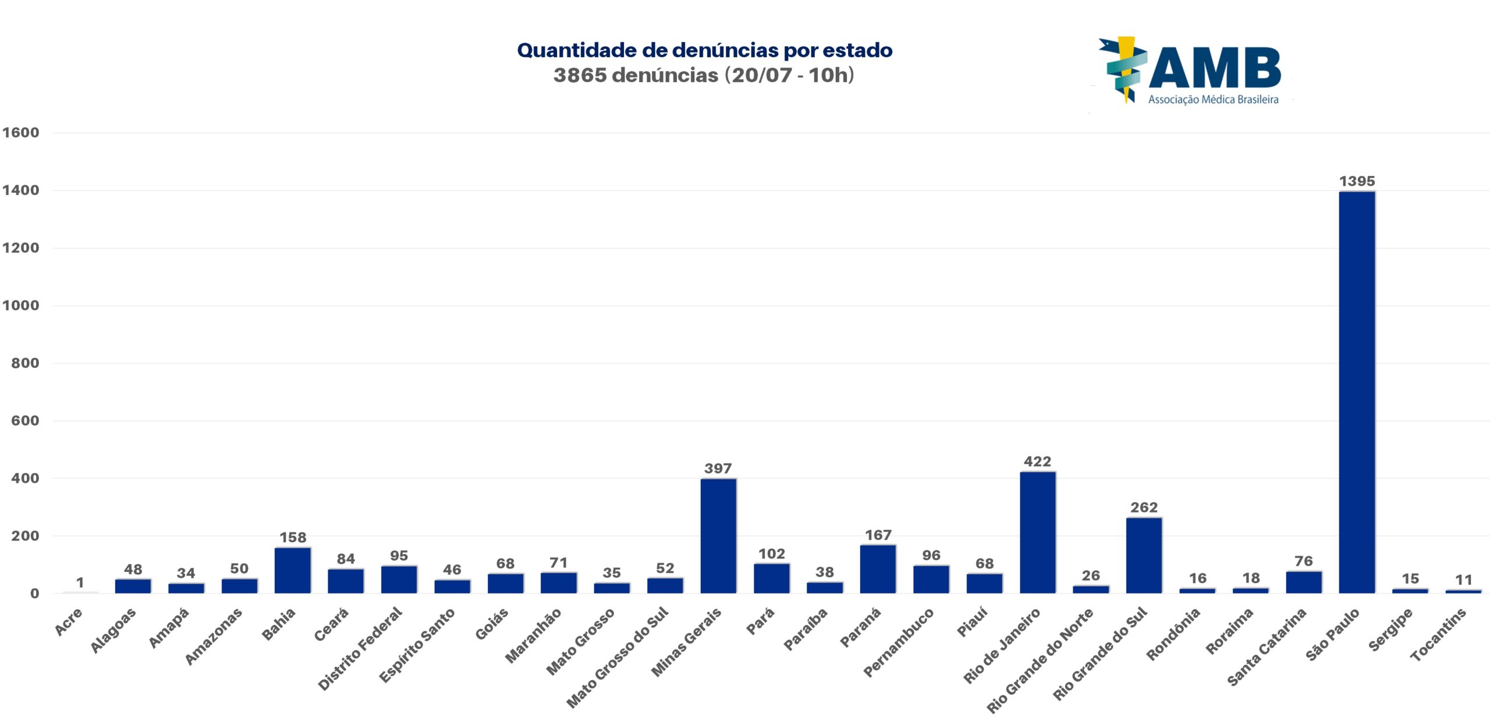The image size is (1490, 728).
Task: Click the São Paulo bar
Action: [x=1357, y=392]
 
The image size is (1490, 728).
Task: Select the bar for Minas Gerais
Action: [x=718, y=536]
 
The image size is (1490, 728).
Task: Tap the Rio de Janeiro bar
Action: [x=1037, y=532]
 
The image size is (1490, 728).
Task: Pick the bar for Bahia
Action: [x=293, y=570]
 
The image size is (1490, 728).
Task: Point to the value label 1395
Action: [x=1357, y=181]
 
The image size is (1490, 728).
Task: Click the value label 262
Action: [x=1144, y=507]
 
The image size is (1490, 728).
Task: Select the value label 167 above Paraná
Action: [x=878, y=535]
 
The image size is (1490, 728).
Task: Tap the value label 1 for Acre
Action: [x=80, y=582]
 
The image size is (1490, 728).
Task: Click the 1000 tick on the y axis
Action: [x=21, y=305]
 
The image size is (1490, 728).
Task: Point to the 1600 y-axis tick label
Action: [x=21, y=132]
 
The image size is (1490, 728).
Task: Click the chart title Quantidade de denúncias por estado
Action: [x=704, y=50]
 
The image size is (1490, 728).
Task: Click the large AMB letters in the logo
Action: [x=1215, y=68]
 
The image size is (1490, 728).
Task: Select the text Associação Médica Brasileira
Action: [x=1213, y=100]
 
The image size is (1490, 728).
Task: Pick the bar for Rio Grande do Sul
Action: [x=1144, y=555]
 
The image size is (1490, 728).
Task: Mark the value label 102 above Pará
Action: [x=771, y=554]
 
